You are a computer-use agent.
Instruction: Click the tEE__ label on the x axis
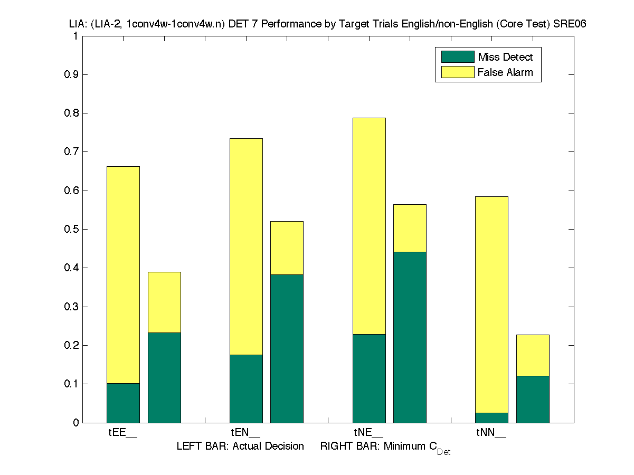(x=123, y=433)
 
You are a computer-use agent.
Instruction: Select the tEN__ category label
(x=245, y=433)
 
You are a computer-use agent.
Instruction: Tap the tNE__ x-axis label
(x=368, y=433)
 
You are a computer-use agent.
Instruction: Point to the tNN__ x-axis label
(x=491, y=433)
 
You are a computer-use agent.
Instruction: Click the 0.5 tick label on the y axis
(x=71, y=229)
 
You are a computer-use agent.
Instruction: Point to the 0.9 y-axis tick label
(x=71, y=74)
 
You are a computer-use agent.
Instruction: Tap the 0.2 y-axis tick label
(x=71, y=345)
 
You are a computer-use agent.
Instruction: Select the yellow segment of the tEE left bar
(x=123, y=274)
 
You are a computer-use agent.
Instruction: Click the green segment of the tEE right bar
(x=164, y=377)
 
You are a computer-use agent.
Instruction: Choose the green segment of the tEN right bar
(x=287, y=348)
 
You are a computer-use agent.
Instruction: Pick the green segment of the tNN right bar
(x=533, y=399)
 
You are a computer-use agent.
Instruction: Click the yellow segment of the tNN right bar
(x=533, y=355)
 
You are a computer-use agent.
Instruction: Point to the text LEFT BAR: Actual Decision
(x=240, y=446)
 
